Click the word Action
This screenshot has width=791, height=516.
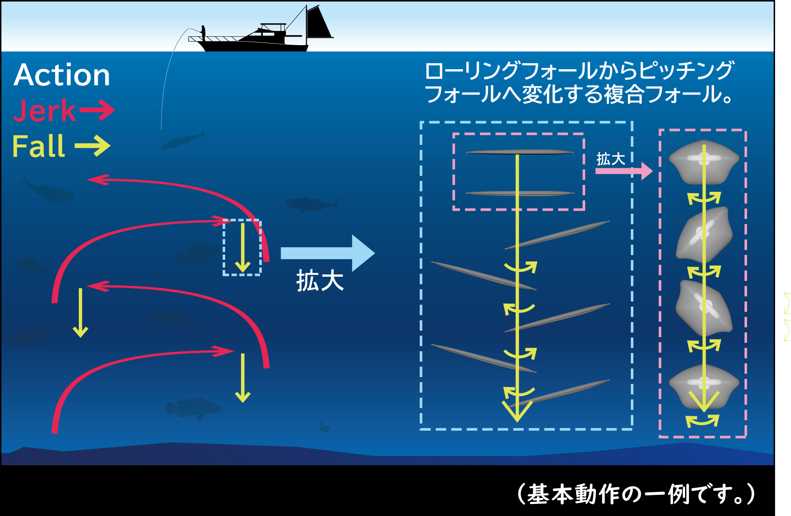click(62, 75)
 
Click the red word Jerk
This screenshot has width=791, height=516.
click(44, 111)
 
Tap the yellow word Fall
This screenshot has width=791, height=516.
click(39, 147)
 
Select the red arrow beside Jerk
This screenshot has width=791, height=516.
click(96, 110)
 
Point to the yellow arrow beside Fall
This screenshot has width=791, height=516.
click(93, 146)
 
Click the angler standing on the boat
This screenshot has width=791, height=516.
click(203, 32)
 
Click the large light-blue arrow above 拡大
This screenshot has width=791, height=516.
click(327, 253)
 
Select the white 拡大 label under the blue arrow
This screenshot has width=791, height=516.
click(320, 282)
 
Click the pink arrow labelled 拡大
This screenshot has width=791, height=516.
click(624, 171)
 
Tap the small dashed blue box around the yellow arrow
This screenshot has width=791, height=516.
click(242, 247)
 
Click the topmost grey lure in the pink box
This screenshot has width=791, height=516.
click(520, 152)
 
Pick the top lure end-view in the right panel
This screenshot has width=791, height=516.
click(704, 161)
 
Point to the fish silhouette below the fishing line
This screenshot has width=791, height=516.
click(183, 140)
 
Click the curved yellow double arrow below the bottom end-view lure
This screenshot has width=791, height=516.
click(702, 420)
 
